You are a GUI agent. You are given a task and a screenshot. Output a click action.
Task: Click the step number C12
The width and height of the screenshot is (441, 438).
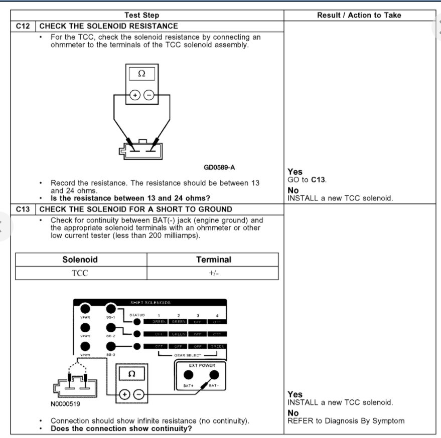click(x=23, y=26)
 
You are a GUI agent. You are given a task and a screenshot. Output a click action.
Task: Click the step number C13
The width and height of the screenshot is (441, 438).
click(x=23, y=209)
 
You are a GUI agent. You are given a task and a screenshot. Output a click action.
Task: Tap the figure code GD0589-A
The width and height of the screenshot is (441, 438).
click(x=219, y=167)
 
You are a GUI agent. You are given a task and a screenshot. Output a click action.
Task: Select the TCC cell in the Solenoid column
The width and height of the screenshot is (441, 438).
click(x=80, y=273)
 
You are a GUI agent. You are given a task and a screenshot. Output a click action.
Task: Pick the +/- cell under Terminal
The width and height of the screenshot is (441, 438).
click(x=213, y=273)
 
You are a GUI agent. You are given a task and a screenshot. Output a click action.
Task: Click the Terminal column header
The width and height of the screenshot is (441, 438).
click(x=213, y=260)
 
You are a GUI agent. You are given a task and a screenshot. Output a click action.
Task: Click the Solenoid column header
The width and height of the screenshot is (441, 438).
click(x=80, y=260)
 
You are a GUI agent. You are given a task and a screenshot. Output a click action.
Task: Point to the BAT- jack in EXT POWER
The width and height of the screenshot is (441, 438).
click(x=212, y=375)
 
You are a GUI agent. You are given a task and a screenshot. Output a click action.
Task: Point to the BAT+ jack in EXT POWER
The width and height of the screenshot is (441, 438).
click(x=188, y=375)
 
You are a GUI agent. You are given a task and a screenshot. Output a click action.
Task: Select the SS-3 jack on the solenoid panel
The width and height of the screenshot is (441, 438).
click(x=111, y=346)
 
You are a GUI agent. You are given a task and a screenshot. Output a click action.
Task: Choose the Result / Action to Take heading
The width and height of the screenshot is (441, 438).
click(x=359, y=16)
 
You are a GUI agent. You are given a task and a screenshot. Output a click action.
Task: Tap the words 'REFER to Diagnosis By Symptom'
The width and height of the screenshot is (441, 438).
click(x=346, y=421)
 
